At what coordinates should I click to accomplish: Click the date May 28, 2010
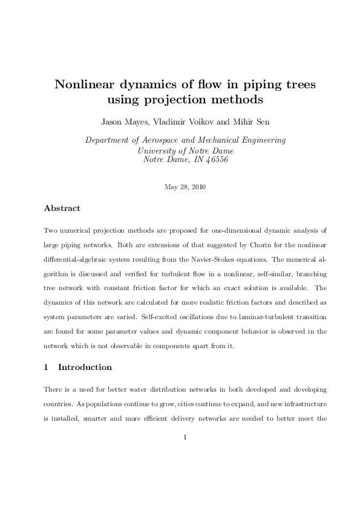click(x=185, y=186)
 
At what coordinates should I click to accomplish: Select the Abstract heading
click(x=62, y=209)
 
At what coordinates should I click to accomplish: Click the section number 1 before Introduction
click(x=46, y=368)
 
